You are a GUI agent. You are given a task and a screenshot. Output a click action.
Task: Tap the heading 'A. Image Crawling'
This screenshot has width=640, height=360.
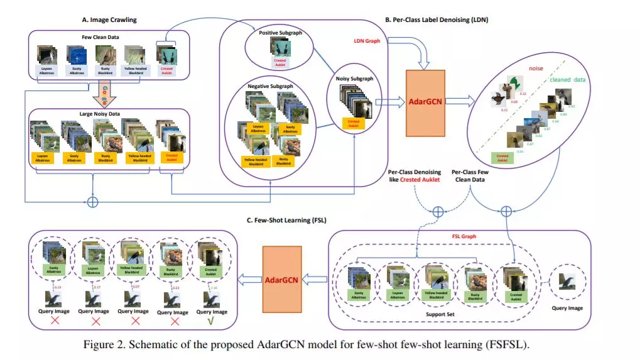click(x=109, y=19)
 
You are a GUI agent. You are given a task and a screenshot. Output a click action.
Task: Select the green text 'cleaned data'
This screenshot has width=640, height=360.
click(x=568, y=80)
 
